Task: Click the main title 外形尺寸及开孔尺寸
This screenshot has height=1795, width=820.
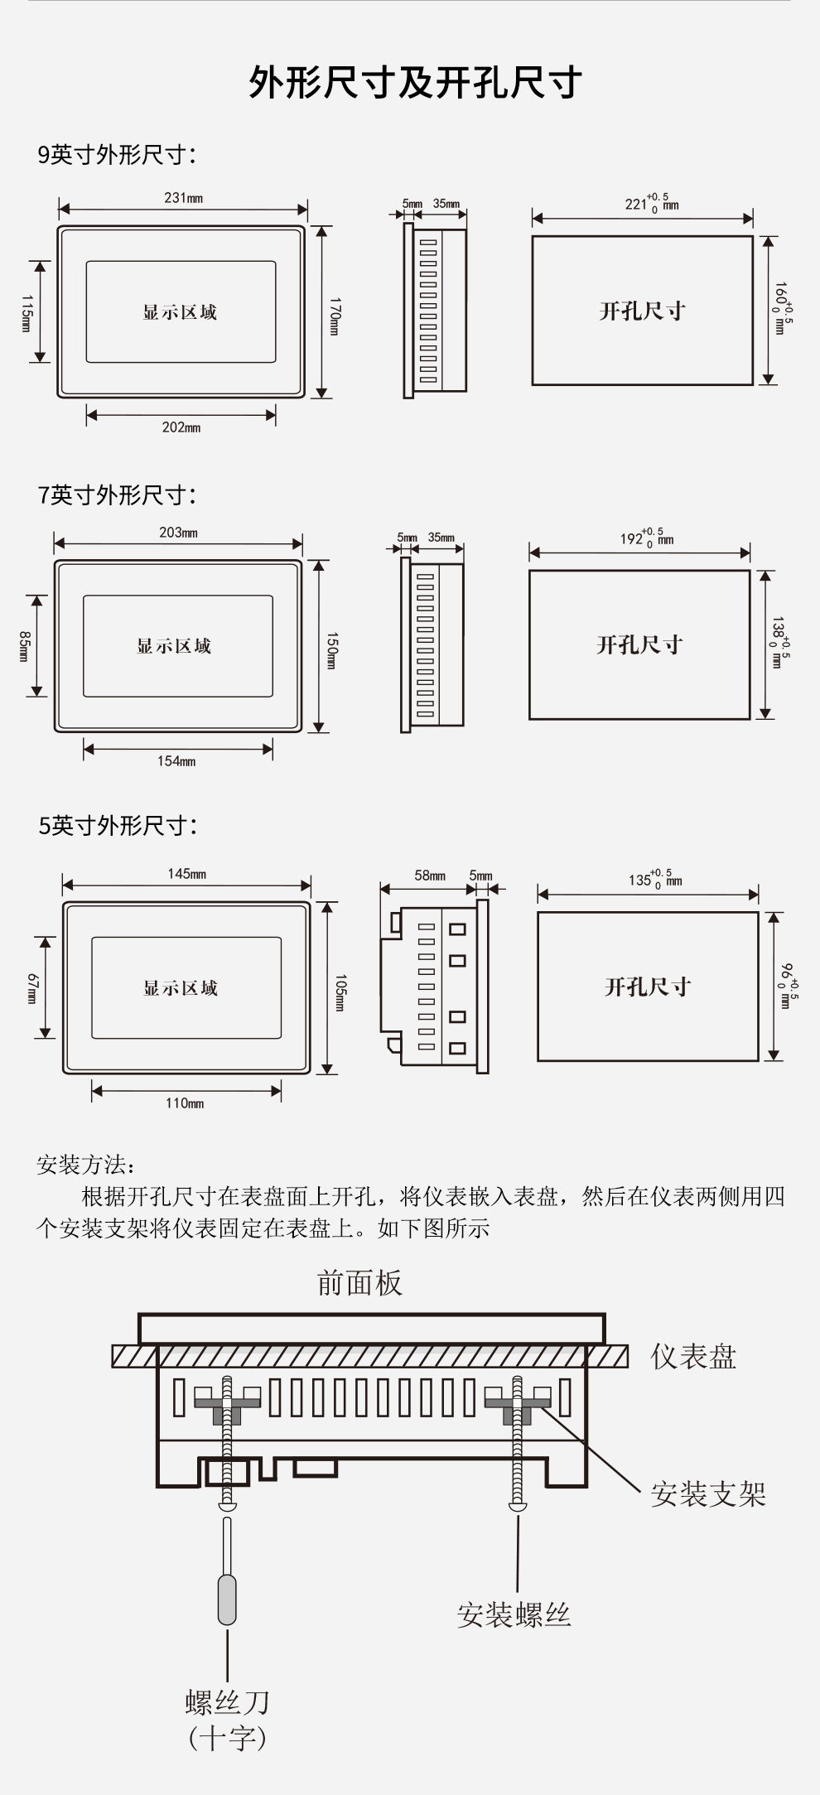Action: tap(415, 83)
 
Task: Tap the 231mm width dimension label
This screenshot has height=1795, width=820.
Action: tap(183, 198)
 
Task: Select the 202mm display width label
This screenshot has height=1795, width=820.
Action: tap(181, 427)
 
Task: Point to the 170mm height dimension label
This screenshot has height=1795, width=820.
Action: tap(335, 316)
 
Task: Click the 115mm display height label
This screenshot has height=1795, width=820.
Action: tap(26, 312)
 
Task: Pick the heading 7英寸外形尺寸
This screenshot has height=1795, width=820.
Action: tap(117, 495)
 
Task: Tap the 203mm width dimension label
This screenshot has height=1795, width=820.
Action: tap(178, 533)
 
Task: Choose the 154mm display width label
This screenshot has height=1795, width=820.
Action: tap(176, 761)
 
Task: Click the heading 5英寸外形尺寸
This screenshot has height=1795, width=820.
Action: tap(118, 825)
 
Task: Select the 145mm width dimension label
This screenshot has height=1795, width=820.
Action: tap(186, 874)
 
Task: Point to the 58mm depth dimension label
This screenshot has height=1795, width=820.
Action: tap(430, 876)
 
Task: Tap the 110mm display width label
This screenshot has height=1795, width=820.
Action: tap(185, 1103)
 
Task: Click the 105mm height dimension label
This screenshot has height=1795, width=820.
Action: tap(340, 992)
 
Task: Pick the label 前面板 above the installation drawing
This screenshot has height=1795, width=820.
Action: tap(359, 1282)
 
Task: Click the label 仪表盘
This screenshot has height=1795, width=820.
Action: tap(693, 1357)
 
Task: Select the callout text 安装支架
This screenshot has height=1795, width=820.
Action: tap(708, 1494)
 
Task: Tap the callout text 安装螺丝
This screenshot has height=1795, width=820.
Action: tap(514, 1614)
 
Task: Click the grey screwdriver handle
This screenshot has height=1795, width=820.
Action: tap(227, 1600)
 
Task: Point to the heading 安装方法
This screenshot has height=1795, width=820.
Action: tap(85, 1165)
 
